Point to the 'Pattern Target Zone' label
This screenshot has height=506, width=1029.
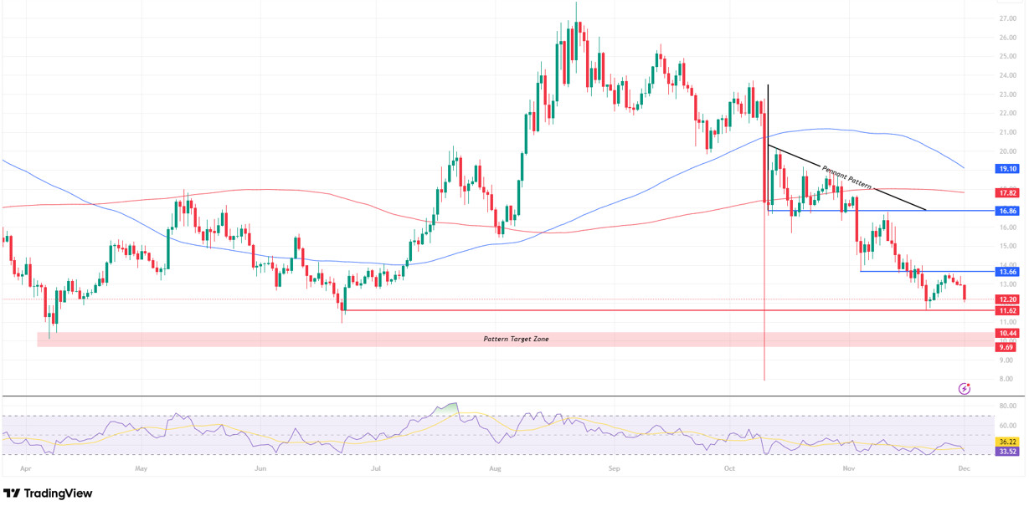pos(516,339)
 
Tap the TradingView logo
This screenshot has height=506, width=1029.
pos(48,493)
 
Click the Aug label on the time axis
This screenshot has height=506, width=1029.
pos(496,469)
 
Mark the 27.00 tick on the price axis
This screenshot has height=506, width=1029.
pos(1007,18)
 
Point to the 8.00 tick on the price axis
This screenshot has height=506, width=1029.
pos(1007,379)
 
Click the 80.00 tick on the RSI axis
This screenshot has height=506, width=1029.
pos(1007,406)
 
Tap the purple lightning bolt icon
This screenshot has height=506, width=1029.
pos(965,388)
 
